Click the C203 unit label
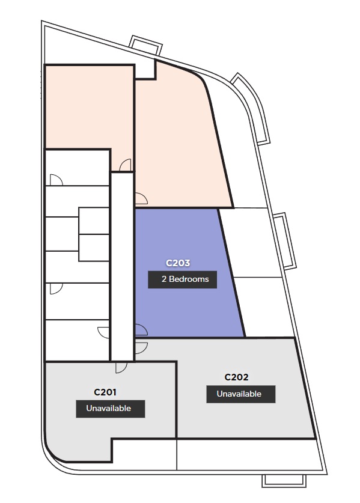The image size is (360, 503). point(178,263)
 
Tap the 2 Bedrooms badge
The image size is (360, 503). point(182,279)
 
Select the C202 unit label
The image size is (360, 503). point(236,377)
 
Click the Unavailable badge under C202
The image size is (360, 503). point(240,394)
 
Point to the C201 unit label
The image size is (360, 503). point(105,392)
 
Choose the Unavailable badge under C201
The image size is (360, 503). point(111,409)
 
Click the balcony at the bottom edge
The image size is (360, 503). point(284,481)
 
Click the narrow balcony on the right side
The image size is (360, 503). point(285,240)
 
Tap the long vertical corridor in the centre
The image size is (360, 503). point(122,266)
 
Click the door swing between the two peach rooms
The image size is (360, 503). point(126,165)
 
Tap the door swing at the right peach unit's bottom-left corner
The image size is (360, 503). point(141,198)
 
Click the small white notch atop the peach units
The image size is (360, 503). point(145,70)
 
